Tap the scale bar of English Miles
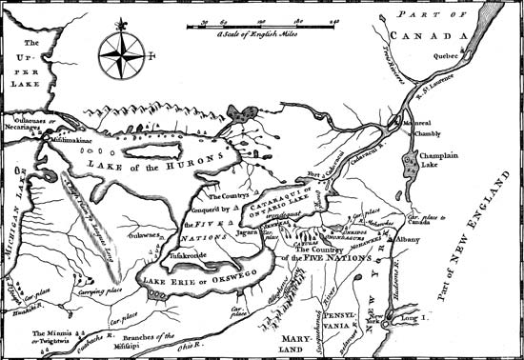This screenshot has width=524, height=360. (256, 24)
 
